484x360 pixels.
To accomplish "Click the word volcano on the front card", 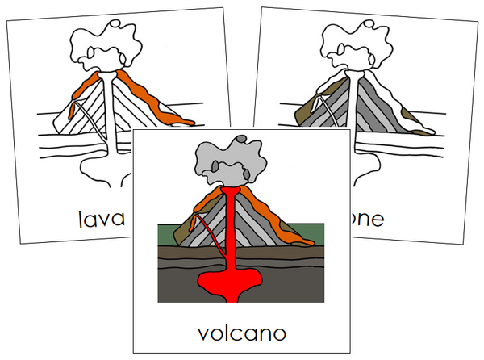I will tap(241, 333).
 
